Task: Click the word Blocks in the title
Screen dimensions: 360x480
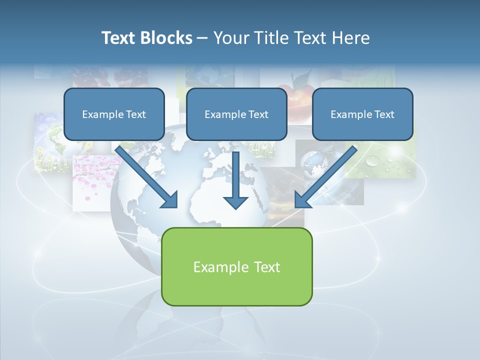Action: click(167, 37)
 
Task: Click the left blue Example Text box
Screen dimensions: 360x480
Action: click(114, 114)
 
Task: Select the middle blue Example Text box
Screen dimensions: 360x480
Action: click(236, 114)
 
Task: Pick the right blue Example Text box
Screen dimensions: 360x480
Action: click(362, 114)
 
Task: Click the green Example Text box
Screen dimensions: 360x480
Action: click(236, 266)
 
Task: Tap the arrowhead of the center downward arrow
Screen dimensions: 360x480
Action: click(235, 202)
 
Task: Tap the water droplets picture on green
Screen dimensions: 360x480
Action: click(387, 160)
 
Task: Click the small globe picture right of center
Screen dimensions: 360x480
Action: click(312, 162)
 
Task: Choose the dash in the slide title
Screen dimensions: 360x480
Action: click(202, 38)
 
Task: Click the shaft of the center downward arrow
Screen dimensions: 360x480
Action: click(235, 172)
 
